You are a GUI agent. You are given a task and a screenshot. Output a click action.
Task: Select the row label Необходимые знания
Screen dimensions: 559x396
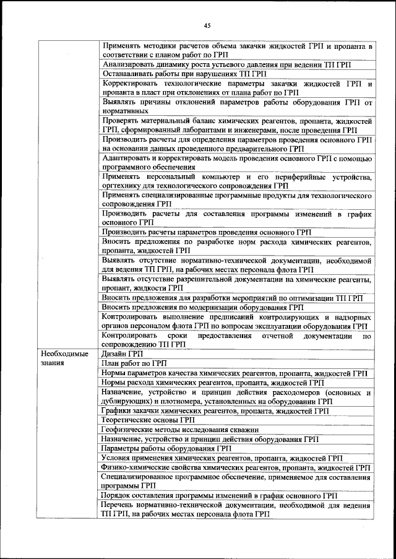(64, 358)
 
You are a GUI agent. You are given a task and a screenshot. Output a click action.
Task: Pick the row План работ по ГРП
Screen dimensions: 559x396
(134, 363)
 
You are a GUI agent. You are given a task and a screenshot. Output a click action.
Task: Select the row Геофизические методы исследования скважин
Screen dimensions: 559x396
(180, 430)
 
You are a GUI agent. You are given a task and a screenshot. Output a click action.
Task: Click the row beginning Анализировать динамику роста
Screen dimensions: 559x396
(226, 64)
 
